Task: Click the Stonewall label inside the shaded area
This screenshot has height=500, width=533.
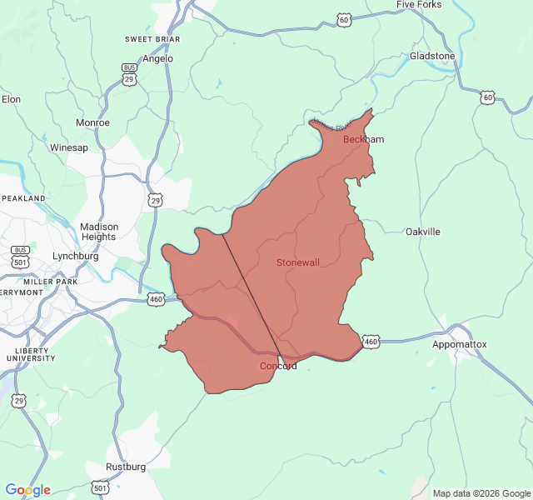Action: click(297, 262)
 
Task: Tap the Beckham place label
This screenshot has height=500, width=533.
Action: click(363, 139)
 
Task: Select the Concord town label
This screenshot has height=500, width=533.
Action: click(277, 366)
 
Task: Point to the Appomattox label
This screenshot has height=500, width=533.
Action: click(459, 344)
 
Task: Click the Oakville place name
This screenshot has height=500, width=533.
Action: click(422, 232)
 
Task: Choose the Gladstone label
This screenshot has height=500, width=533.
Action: click(432, 56)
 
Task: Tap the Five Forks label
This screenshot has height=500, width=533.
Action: click(419, 5)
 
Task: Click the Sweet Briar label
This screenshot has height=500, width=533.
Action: click(149, 39)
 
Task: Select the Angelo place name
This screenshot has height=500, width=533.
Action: click(158, 58)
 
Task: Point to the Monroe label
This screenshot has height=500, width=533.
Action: click(92, 122)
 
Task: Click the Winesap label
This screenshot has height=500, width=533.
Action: click(69, 147)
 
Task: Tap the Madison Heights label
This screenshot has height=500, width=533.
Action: click(99, 232)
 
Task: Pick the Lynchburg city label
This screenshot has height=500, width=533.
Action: click(75, 256)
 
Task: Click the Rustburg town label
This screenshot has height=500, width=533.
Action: click(125, 467)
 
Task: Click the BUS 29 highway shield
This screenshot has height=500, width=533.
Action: click(129, 74)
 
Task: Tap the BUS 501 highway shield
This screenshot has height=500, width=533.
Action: click(21, 256)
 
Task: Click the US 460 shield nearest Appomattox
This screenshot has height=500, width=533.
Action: click(371, 341)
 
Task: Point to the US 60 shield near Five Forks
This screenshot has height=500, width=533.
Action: click(344, 18)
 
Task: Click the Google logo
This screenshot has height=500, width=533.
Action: click(27, 490)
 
